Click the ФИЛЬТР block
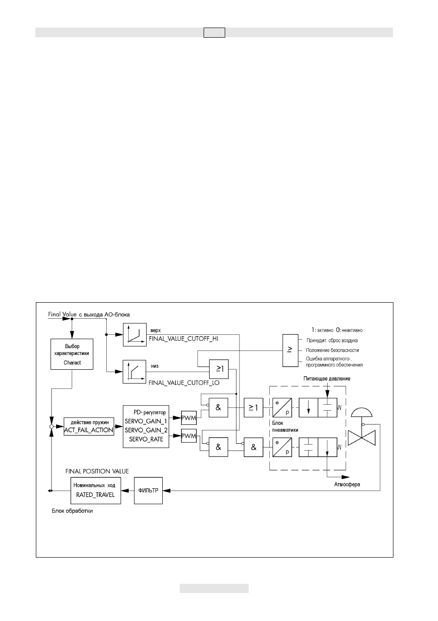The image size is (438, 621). [148, 491]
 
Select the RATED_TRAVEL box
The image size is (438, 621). [96, 491]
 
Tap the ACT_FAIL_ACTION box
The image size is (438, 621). [89, 426]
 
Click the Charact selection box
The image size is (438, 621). [72, 354]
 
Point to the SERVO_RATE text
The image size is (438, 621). [146, 439]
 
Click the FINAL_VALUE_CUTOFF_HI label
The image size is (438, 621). [184, 339]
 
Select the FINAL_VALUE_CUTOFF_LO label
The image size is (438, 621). [184, 383]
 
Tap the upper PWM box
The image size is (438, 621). [188, 418]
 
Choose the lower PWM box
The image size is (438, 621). [188, 436]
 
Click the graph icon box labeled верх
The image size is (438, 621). [135, 335]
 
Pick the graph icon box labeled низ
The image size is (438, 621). [135, 372]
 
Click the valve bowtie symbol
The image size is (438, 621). [361, 438]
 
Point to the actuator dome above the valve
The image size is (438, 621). [362, 412]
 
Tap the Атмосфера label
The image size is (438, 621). [347, 484]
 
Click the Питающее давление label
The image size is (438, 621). [327, 378]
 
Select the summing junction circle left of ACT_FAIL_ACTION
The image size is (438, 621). [51, 427]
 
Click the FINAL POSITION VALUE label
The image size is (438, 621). [97, 471]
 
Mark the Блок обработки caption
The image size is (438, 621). [72, 511]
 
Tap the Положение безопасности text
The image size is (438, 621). [332, 350]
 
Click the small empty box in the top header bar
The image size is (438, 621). [214, 33]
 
